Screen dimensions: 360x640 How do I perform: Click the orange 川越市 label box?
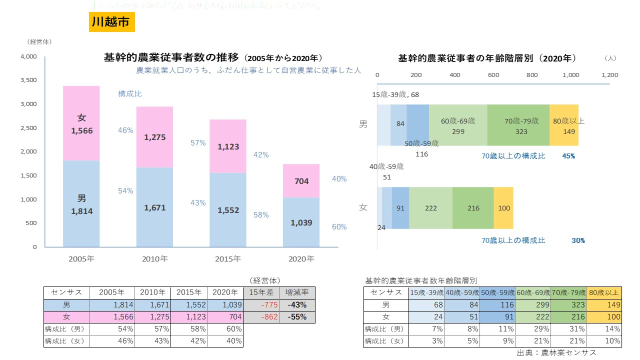click(111, 22)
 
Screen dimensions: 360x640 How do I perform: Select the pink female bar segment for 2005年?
click(81, 123)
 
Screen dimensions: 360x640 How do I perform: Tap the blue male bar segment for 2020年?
click(301, 222)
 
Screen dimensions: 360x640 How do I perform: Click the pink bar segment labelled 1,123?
click(227, 146)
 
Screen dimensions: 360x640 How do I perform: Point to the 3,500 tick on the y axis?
click(28, 80)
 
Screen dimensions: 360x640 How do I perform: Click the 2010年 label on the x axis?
click(154, 259)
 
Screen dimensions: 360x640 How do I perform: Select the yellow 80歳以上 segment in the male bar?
click(563, 125)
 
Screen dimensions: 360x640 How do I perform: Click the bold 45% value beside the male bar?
click(568, 156)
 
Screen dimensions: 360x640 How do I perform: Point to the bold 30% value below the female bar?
click(578, 240)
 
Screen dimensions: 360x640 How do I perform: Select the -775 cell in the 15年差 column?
click(261, 304)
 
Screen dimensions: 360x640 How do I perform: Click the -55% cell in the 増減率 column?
click(297, 316)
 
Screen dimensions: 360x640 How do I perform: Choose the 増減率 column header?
click(297, 292)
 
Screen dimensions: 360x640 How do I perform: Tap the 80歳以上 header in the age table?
click(603, 292)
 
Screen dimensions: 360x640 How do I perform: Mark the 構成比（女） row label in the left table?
click(66, 341)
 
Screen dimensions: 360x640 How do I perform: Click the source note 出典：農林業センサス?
click(556, 352)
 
